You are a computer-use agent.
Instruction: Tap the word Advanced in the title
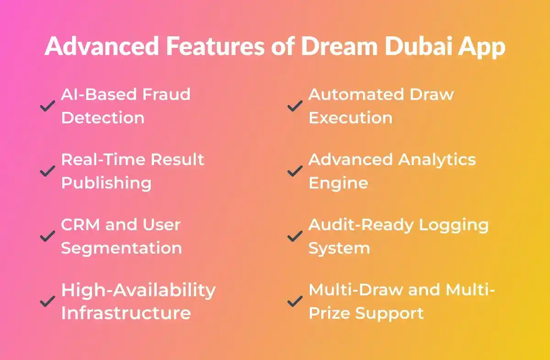[x=102, y=47]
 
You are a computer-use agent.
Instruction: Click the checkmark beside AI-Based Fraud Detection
[x=47, y=106]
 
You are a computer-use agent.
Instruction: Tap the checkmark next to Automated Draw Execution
[x=295, y=106]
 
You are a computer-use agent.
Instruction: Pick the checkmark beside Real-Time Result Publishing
[x=47, y=172]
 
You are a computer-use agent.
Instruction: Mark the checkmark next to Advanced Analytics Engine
[x=295, y=172]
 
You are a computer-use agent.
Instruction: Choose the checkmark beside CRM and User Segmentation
[x=47, y=237]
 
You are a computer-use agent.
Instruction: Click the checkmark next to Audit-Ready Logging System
[x=295, y=237]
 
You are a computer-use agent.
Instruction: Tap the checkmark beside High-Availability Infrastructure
[x=47, y=302]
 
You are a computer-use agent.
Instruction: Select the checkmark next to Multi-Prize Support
[x=295, y=302]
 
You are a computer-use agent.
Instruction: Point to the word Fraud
[x=166, y=94]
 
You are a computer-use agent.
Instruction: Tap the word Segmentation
[x=121, y=248]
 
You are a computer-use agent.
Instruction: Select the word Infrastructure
[x=126, y=313]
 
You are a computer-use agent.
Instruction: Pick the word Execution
[x=350, y=118]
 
